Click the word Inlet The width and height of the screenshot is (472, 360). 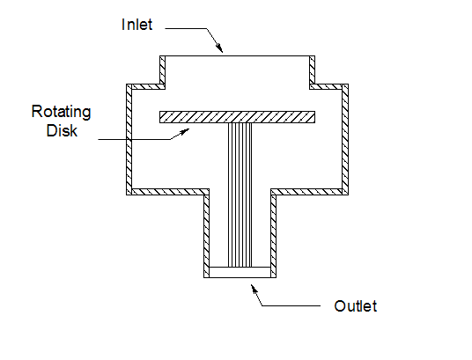pyautogui.click(x=137, y=25)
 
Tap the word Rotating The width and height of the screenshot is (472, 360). pyautogui.click(x=61, y=113)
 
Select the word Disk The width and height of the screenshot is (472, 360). pyautogui.click(x=62, y=130)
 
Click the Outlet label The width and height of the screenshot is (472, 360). pyautogui.click(x=356, y=306)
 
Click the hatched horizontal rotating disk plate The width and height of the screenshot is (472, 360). pyautogui.click(x=237, y=117)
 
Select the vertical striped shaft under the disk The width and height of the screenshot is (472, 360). pyautogui.click(x=240, y=195)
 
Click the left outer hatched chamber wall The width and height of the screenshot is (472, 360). pyautogui.click(x=129, y=140)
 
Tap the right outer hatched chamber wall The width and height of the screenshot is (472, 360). pyautogui.click(x=345, y=140)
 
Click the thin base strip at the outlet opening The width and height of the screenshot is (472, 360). pyautogui.click(x=240, y=272)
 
